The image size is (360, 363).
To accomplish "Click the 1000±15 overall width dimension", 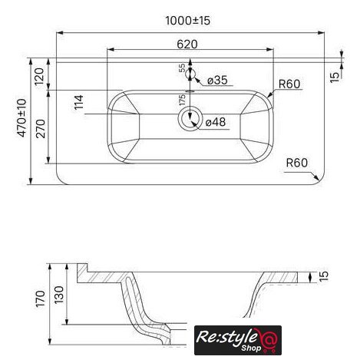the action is (x=188, y=21).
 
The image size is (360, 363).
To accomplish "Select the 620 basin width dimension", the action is (x=187, y=45).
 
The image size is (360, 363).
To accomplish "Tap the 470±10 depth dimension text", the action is (x=22, y=117).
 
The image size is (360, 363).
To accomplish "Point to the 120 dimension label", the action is (x=39, y=77).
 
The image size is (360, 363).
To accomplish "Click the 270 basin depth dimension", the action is (x=41, y=128).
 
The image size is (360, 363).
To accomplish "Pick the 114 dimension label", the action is (x=79, y=102).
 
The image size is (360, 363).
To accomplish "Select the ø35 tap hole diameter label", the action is (x=217, y=81).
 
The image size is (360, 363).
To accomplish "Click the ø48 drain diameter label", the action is (x=216, y=122).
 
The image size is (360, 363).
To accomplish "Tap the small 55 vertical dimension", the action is (x=182, y=68).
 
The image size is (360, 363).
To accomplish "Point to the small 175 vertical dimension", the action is (x=182, y=100).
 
